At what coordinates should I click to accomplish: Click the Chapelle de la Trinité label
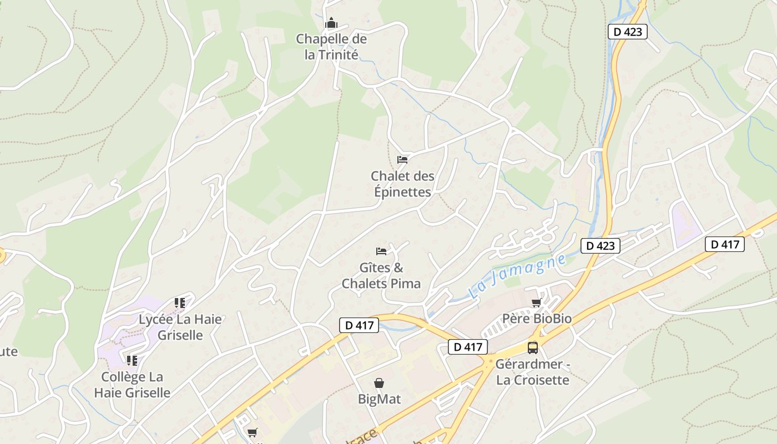point(331,47)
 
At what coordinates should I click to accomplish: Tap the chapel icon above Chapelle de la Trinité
point(331,23)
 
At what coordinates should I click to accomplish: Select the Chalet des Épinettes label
point(402,184)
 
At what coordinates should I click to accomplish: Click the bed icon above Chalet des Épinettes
point(402,160)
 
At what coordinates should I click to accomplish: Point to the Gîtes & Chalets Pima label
point(381,275)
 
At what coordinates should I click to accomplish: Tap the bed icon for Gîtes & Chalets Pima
point(381,251)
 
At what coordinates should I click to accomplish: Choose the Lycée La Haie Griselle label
point(180,327)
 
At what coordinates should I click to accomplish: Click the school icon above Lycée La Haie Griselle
point(180,303)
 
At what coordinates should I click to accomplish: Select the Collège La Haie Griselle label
point(132,385)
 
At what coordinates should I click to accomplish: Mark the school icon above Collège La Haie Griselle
point(132,361)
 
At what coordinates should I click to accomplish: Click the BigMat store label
point(379,399)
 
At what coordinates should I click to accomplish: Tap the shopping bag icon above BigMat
point(379,383)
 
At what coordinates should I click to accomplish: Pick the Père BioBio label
point(537,319)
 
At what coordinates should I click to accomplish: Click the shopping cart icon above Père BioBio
point(537,302)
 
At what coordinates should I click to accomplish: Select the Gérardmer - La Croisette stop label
point(533,372)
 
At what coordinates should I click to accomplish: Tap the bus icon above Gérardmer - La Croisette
point(533,348)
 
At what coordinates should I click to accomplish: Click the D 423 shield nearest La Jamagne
point(601,245)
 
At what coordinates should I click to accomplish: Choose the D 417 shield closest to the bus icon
point(468,347)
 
